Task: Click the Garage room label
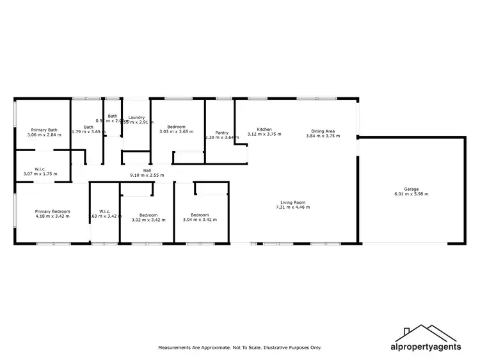click(x=411, y=189)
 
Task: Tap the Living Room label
click(x=291, y=202)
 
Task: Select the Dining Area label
click(x=321, y=131)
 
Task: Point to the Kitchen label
click(x=264, y=129)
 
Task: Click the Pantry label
click(x=222, y=133)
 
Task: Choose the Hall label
click(x=147, y=170)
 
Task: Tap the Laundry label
click(x=136, y=117)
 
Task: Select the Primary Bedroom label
click(x=52, y=211)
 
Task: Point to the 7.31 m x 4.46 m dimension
click(x=291, y=207)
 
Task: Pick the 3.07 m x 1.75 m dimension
click(x=40, y=174)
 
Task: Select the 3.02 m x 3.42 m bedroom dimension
click(x=148, y=220)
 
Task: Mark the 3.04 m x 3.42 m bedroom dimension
click(x=200, y=220)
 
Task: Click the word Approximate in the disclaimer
click(x=212, y=348)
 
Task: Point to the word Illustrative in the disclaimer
click(x=271, y=348)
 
